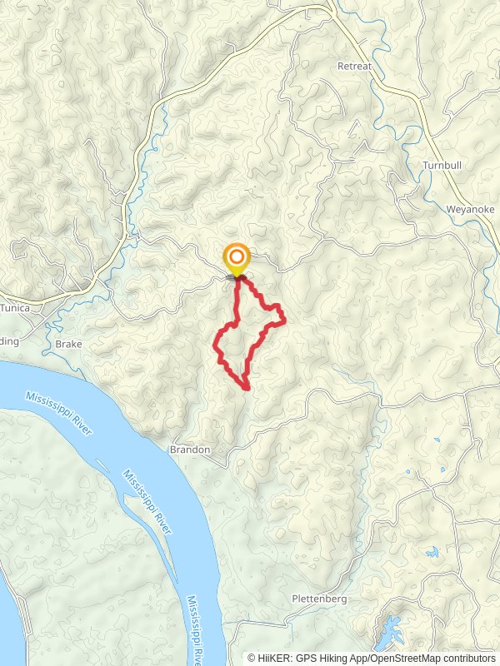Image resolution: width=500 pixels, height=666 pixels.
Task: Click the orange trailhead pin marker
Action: coord(237,257)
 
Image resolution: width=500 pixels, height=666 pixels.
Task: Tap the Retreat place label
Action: coord(353,65)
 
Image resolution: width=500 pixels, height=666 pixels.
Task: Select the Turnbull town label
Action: coord(442,166)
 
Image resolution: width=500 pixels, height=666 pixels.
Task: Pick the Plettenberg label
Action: coord(318,599)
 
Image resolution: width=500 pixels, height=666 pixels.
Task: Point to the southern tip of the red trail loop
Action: coord(247,388)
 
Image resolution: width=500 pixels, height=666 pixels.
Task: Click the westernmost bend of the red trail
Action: coord(217,342)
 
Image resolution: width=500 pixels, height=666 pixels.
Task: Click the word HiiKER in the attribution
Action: coord(274,658)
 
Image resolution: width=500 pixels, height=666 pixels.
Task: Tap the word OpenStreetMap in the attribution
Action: coord(404,658)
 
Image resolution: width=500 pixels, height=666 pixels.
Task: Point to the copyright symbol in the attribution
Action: coord(252,658)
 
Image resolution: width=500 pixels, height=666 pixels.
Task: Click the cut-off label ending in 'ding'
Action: coord(10,340)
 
